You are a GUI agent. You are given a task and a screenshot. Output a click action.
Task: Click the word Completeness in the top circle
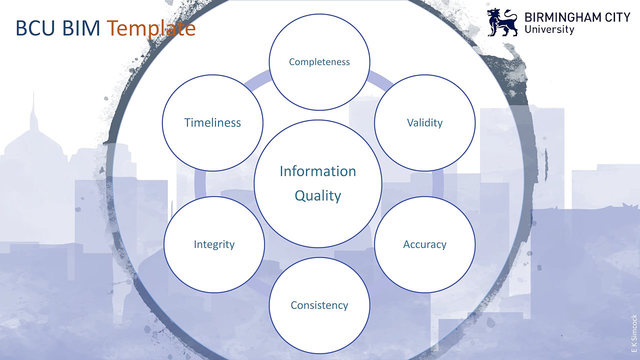319,62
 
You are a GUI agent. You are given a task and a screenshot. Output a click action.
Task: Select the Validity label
424,123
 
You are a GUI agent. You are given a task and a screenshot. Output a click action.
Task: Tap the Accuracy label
424,244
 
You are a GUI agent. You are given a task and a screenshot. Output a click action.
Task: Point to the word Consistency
319,305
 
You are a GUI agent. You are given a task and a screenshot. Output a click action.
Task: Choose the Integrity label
214,244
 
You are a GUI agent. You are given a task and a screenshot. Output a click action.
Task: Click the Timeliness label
212,123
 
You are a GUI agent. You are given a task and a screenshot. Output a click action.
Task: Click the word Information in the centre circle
317,171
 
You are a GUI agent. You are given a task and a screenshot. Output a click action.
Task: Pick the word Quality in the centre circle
317,196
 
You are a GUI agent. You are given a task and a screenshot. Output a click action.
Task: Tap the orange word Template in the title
151,28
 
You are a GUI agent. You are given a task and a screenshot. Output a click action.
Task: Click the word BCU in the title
35,28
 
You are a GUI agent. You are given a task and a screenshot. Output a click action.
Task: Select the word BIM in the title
81,28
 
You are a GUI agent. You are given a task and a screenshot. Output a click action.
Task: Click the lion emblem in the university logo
502,22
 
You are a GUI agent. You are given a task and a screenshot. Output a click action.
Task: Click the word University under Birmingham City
549,29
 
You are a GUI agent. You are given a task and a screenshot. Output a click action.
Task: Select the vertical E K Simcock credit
634,333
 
